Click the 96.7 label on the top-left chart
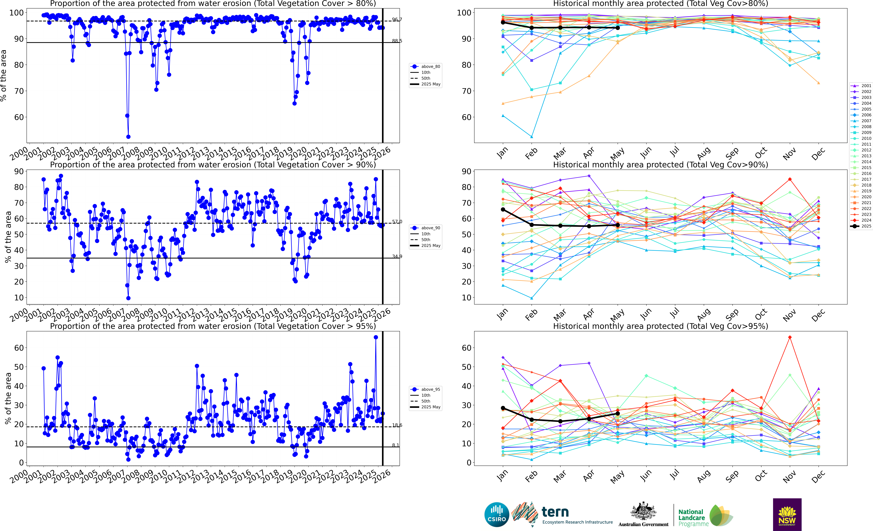(x=397, y=19)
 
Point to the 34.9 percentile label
(x=397, y=256)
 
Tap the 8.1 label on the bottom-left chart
(x=395, y=445)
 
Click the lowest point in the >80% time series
(x=128, y=137)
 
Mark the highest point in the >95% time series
(x=376, y=337)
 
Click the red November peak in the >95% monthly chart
(x=790, y=337)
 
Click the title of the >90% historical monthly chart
(x=660, y=165)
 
